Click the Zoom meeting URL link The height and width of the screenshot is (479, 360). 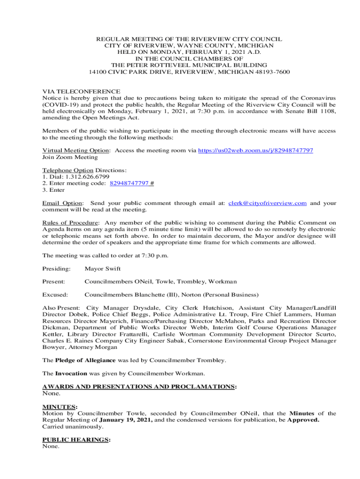255,150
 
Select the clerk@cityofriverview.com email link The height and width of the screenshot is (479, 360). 267,203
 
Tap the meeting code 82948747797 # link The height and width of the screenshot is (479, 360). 132,183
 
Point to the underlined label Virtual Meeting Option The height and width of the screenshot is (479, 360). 76,150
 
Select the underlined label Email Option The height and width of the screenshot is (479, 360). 63,203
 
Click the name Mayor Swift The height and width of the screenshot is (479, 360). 102,269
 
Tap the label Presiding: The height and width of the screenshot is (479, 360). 56,269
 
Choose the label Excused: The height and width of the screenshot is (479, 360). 55,295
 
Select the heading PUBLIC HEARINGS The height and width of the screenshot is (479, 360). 76,440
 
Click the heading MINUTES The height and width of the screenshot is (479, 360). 59,407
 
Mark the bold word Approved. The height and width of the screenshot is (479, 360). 303,420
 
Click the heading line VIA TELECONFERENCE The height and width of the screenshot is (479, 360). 81,92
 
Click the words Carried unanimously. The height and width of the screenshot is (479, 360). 72,427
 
